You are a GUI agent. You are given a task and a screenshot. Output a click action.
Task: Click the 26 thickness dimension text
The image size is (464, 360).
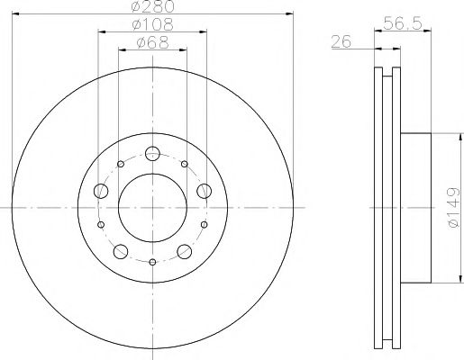[x=341, y=41]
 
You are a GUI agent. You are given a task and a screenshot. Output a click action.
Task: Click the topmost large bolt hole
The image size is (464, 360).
[x=152, y=153]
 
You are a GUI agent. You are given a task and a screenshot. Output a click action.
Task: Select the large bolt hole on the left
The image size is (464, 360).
[x=98, y=192]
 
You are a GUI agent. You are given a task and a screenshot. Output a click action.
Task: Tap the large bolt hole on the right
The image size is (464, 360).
[x=205, y=191]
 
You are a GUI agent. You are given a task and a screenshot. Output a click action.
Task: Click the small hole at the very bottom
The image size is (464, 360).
[x=152, y=263]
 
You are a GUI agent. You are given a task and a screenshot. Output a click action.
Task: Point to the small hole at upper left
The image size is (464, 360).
[x=120, y=165]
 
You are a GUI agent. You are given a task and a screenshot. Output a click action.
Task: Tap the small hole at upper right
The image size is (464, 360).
[x=185, y=165]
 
